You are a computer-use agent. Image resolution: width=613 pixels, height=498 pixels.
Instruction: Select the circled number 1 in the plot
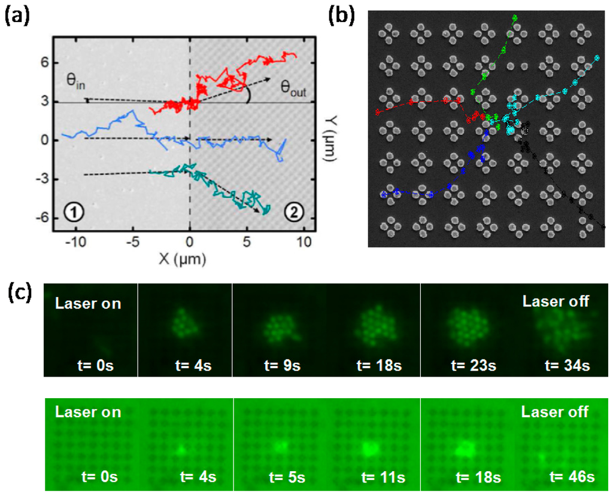coord(72,212)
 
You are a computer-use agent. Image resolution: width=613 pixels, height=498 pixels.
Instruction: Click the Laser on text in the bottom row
coord(88,412)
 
